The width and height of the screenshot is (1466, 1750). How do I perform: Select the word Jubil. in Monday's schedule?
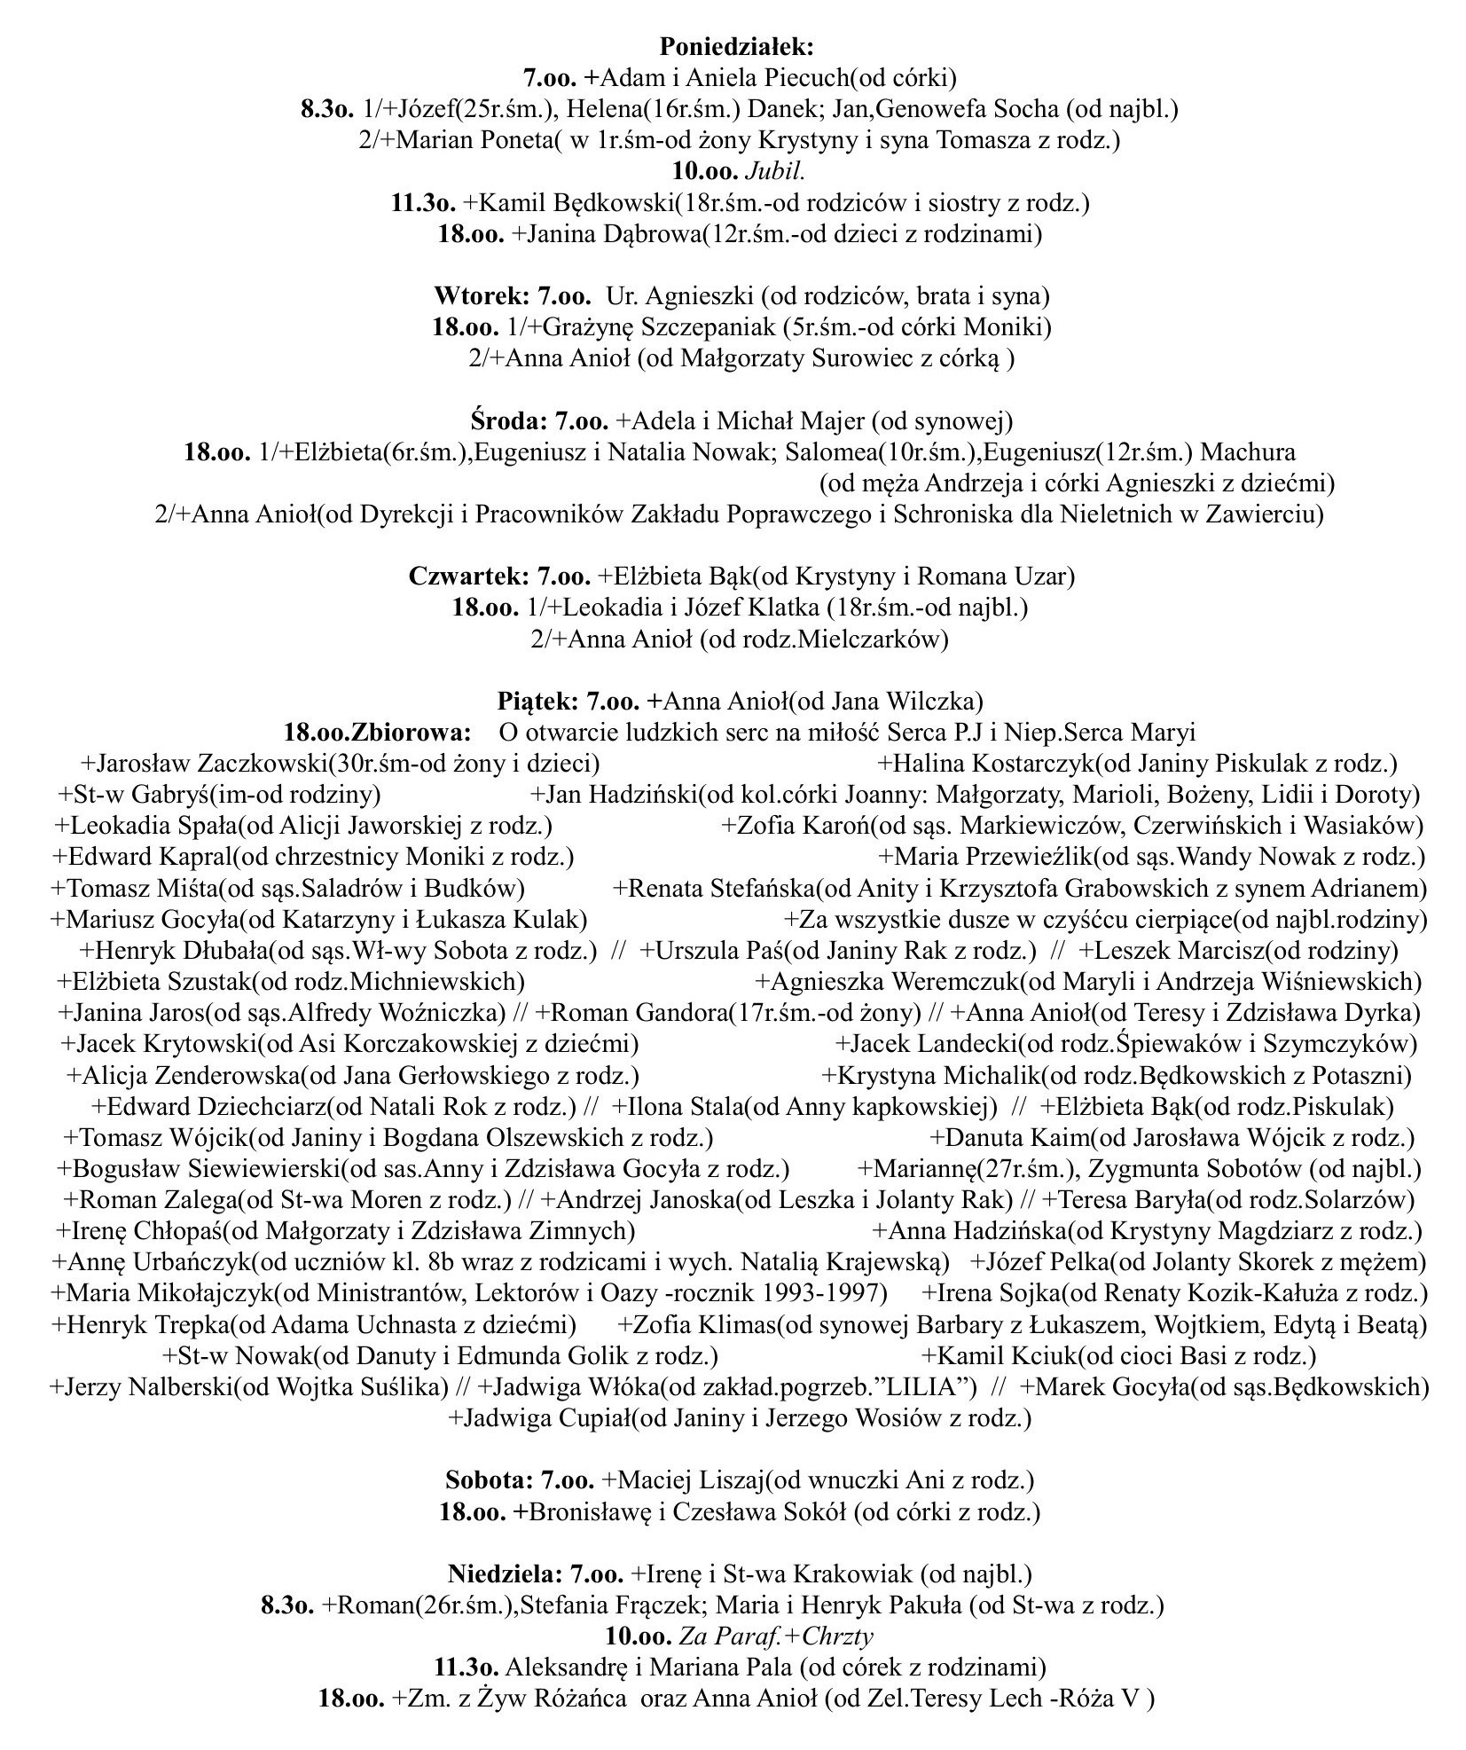pos(778,171)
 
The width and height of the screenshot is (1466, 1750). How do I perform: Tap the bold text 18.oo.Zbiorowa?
pos(376,733)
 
